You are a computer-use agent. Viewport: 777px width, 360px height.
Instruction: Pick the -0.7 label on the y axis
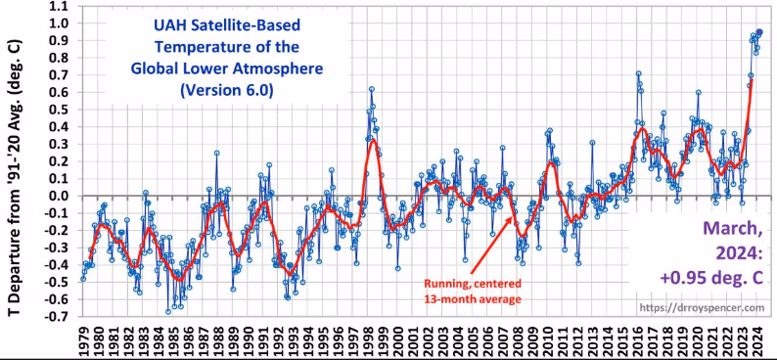(61, 316)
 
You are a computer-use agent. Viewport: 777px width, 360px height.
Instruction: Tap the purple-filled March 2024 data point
(759, 31)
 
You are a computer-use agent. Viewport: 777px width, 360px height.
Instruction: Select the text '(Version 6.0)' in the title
(226, 90)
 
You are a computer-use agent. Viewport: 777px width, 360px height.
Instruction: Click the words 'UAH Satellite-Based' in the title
(227, 24)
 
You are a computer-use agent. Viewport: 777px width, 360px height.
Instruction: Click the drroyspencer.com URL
(703, 307)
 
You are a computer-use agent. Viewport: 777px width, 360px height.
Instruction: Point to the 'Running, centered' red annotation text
(473, 284)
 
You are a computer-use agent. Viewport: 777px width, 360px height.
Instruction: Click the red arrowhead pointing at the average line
(510, 219)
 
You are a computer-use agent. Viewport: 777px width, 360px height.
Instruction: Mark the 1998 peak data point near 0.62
(371, 89)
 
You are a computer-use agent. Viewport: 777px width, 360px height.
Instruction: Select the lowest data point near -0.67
(168, 311)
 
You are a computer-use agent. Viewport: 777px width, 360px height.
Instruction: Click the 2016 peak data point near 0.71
(638, 73)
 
